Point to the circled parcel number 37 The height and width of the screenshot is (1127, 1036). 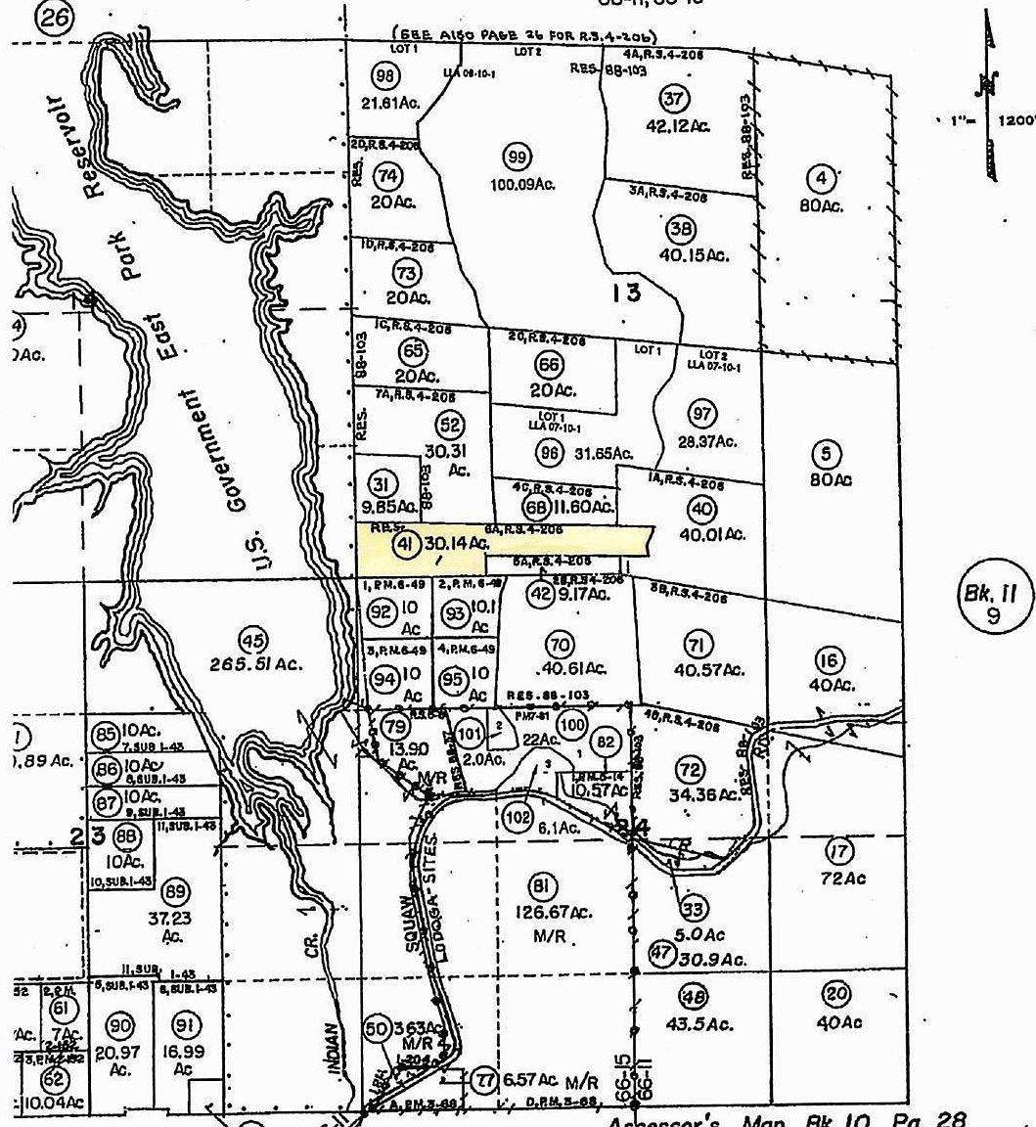click(x=674, y=99)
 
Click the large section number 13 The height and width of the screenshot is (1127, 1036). click(x=626, y=292)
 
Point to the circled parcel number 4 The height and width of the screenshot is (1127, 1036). click(x=822, y=178)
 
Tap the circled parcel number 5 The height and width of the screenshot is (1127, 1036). click(x=828, y=453)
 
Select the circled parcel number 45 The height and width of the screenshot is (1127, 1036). click(x=254, y=642)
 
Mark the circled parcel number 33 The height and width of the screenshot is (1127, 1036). click(x=694, y=910)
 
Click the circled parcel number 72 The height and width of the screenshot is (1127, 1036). click(x=692, y=767)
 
